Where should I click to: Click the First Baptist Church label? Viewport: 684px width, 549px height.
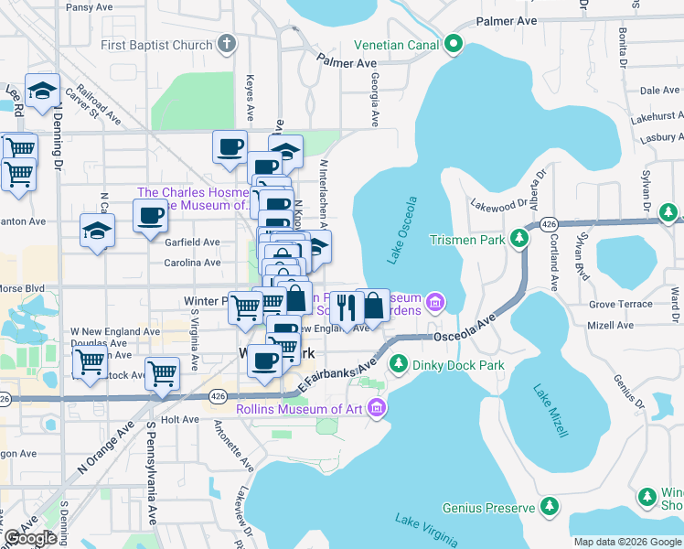pos(155,44)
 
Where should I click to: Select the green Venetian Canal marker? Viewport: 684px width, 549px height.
pos(453,43)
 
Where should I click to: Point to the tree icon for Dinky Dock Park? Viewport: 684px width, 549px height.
pos(398,365)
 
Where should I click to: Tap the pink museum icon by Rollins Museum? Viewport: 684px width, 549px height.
pos(376,409)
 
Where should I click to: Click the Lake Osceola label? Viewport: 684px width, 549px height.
pos(402,231)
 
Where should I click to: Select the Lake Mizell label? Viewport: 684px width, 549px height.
pos(552,412)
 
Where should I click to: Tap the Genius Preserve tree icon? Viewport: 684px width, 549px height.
pos(550,507)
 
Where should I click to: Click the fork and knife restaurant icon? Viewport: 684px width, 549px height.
pos(345,306)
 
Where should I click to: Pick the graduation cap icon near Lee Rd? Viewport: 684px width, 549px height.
pos(42,90)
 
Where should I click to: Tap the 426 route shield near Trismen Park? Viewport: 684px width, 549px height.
pos(549,224)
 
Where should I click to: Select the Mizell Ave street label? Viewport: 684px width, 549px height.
pos(611,325)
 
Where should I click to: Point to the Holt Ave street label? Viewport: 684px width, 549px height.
pos(179,419)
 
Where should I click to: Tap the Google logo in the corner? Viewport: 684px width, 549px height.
pos(29,538)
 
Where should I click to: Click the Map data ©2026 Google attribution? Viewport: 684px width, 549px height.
pos(626,542)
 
